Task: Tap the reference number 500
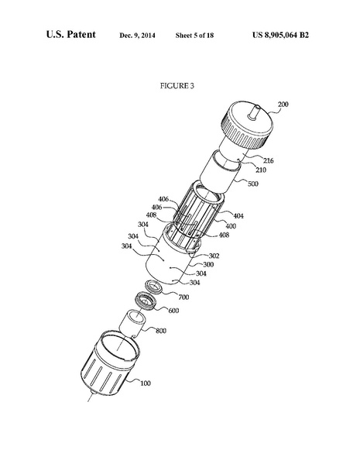pyautogui.click(x=254, y=185)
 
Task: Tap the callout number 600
pyautogui.click(x=173, y=311)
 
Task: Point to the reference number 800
pyautogui.click(x=161, y=332)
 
